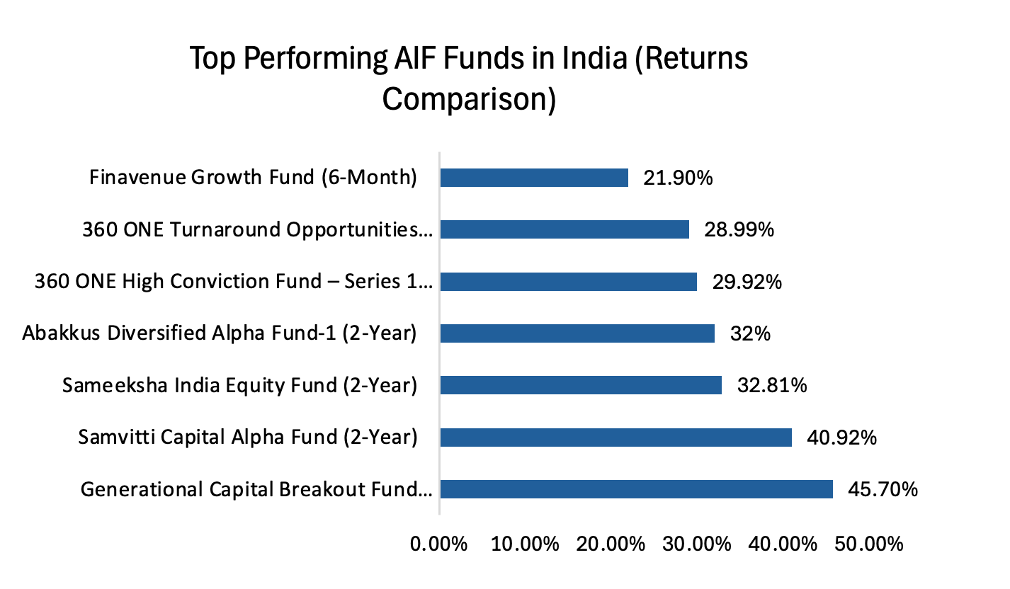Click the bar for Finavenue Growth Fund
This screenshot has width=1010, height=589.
click(x=534, y=178)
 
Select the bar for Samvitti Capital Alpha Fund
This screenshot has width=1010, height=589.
click(x=615, y=438)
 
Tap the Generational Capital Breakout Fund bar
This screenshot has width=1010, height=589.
click(x=636, y=489)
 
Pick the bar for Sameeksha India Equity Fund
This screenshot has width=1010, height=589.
click(x=581, y=385)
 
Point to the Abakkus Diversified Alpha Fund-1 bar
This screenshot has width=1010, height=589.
click(x=577, y=333)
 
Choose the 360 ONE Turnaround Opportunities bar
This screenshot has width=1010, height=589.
click(x=564, y=229)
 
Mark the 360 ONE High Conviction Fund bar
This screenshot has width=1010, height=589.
click(x=568, y=282)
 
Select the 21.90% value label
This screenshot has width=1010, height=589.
click(x=678, y=178)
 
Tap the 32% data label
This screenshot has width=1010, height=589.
click(x=750, y=333)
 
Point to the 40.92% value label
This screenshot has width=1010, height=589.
click(x=842, y=438)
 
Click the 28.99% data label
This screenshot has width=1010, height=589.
click(x=739, y=229)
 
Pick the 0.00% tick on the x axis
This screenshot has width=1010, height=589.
click(x=439, y=544)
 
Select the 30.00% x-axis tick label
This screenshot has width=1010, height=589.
click(x=698, y=544)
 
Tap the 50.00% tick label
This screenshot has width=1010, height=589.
click(x=869, y=544)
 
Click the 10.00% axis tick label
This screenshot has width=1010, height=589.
click(x=525, y=544)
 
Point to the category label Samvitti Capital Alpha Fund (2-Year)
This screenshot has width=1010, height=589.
click(x=248, y=438)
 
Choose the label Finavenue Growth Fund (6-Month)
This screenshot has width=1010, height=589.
click(x=253, y=177)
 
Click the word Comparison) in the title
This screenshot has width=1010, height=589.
click(x=469, y=99)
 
